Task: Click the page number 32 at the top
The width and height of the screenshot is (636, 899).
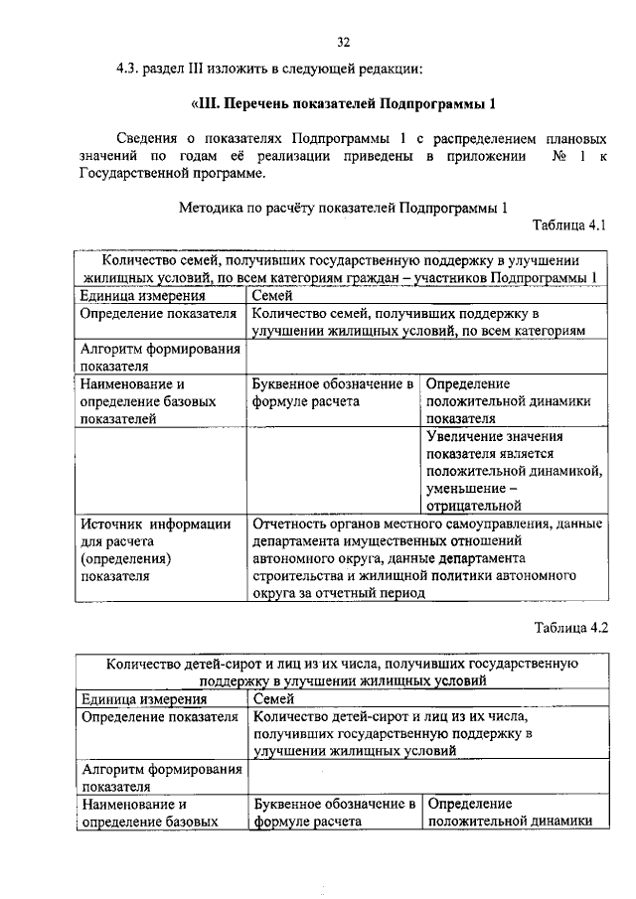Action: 343,42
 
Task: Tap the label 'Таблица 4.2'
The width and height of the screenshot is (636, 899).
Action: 569,628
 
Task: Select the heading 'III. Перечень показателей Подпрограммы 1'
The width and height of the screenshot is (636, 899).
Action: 342,104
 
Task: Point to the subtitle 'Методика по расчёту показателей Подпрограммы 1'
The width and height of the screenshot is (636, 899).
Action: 342,208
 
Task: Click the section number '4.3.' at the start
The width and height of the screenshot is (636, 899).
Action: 133,69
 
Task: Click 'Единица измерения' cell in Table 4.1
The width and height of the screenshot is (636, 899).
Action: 143,295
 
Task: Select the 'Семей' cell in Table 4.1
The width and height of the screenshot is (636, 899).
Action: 273,295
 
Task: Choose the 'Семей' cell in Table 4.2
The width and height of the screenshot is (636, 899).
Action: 273,698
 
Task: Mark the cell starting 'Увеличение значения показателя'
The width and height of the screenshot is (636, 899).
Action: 513,469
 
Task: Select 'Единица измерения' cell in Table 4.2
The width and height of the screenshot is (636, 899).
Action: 143,698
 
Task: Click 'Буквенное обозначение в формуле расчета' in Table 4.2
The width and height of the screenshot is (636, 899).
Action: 333,812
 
